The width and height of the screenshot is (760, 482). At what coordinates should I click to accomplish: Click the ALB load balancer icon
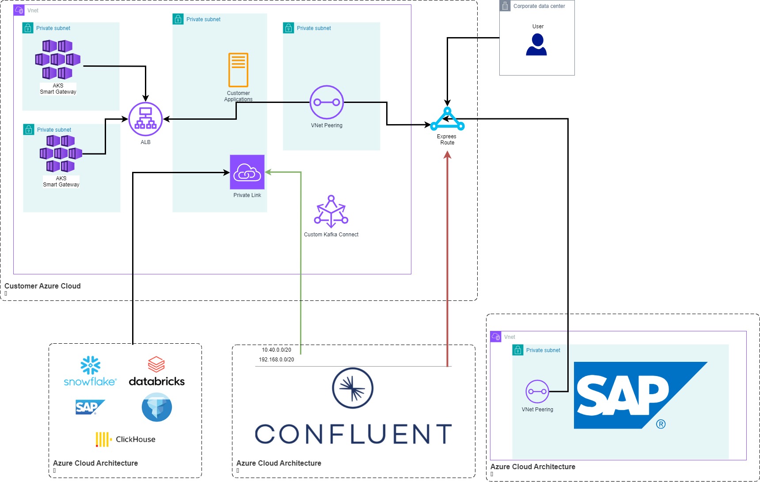(145, 119)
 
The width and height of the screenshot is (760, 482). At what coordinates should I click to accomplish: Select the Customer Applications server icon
(238, 70)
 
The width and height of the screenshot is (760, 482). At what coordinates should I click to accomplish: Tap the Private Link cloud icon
(247, 172)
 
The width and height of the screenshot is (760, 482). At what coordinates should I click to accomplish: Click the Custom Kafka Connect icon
(331, 212)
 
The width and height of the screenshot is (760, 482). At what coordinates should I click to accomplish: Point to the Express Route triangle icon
(447, 119)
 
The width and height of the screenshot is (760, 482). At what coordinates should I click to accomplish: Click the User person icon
(536, 45)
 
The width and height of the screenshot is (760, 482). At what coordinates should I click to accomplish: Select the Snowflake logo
(90, 372)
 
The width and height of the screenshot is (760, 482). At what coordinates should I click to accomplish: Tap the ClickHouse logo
(125, 439)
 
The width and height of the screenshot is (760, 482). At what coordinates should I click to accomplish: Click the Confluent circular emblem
(353, 388)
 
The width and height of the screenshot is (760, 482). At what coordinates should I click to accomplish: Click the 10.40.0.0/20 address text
(276, 350)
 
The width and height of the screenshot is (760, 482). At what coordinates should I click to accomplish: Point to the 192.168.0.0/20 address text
(276, 360)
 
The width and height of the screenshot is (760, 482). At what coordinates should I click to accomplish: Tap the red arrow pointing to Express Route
(447, 256)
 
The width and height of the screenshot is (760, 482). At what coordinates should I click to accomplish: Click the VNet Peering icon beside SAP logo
(537, 391)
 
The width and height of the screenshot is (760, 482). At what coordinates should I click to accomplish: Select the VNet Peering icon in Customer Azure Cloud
(327, 102)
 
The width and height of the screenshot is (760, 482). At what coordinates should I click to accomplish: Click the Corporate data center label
(539, 6)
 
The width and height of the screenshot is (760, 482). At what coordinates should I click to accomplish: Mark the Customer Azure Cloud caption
(42, 286)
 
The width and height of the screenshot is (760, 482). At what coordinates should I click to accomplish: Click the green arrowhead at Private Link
(268, 172)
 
